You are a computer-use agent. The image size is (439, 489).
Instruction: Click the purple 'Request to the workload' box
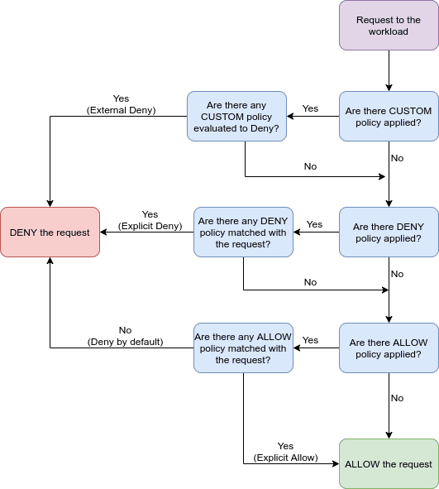(x=388, y=26)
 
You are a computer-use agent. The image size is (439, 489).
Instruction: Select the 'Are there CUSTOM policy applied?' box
(x=388, y=117)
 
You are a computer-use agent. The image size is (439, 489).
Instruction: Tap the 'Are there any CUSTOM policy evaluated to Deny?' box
(x=236, y=116)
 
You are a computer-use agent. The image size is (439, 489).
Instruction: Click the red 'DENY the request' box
(x=50, y=232)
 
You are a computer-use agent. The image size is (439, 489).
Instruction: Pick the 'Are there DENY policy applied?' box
(x=388, y=233)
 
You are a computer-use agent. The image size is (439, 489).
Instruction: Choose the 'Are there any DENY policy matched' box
(x=244, y=232)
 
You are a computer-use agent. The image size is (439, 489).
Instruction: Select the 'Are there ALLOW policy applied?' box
(x=388, y=348)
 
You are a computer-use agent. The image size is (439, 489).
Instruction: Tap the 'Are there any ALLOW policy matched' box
(x=244, y=348)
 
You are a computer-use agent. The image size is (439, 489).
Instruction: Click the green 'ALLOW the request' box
(x=388, y=463)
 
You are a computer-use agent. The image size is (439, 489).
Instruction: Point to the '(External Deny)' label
(x=121, y=110)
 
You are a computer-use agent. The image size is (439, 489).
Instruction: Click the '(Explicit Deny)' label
(x=149, y=226)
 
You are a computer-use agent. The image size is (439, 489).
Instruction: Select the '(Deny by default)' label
(x=125, y=341)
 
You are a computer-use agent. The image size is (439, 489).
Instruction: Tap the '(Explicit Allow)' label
(x=285, y=457)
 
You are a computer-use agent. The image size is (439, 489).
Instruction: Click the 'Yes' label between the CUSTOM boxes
(x=311, y=109)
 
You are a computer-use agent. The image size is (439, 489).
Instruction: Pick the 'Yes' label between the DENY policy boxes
(x=314, y=224)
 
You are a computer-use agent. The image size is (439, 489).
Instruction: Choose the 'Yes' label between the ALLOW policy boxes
(x=311, y=340)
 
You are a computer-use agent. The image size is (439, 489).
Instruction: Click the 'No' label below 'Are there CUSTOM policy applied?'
(x=397, y=158)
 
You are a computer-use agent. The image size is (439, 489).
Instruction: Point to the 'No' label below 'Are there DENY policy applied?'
(x=397, y=274)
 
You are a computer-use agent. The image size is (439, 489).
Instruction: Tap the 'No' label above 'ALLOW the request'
(x=397, y=398)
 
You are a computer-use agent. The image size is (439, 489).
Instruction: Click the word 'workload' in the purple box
(x=388, y=32)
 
